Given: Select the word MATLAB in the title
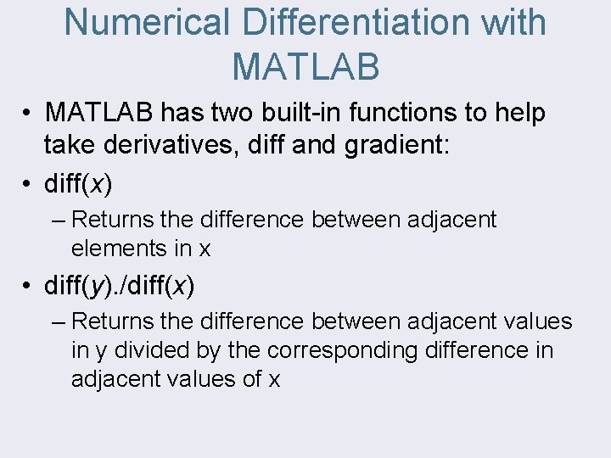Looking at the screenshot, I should [x=305, y=66].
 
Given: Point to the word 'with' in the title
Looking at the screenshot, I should [x=513, y=23].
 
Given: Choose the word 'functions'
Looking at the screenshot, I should [x=428, y=112].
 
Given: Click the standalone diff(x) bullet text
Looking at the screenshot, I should [x=78, y=183].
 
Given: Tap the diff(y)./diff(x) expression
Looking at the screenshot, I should [x=120, y=286].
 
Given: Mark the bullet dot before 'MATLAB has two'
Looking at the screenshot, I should [x=28, y=113].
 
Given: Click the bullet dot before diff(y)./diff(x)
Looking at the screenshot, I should [x=28, y=287].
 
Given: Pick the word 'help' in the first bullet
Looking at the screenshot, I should [x=521, y=112].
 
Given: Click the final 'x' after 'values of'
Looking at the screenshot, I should [x=274, y=380].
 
